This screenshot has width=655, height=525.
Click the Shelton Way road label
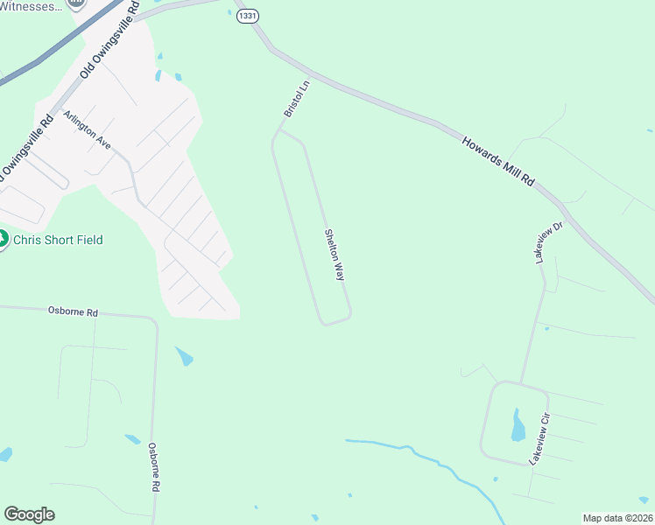(335, 255)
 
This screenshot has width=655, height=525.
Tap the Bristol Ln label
(297, 99)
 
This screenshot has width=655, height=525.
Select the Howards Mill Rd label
(498, 160)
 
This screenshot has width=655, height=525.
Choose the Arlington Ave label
(87, 129)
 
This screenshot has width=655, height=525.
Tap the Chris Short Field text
(59, 240)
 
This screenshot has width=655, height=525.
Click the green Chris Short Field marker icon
(3, 238)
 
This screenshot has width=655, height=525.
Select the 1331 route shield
(248, 17)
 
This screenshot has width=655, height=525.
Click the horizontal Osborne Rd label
(73, 310)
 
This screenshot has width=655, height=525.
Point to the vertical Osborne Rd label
(153, 466)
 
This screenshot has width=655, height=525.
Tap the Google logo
(29, 514)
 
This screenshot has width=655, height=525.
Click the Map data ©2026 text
(617, 518)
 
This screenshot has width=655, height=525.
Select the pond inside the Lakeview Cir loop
(518, 426)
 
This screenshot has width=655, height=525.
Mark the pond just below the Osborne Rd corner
(184, 356)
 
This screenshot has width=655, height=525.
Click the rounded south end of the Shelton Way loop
(334, 321)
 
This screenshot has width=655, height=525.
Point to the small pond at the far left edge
(5, 455)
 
